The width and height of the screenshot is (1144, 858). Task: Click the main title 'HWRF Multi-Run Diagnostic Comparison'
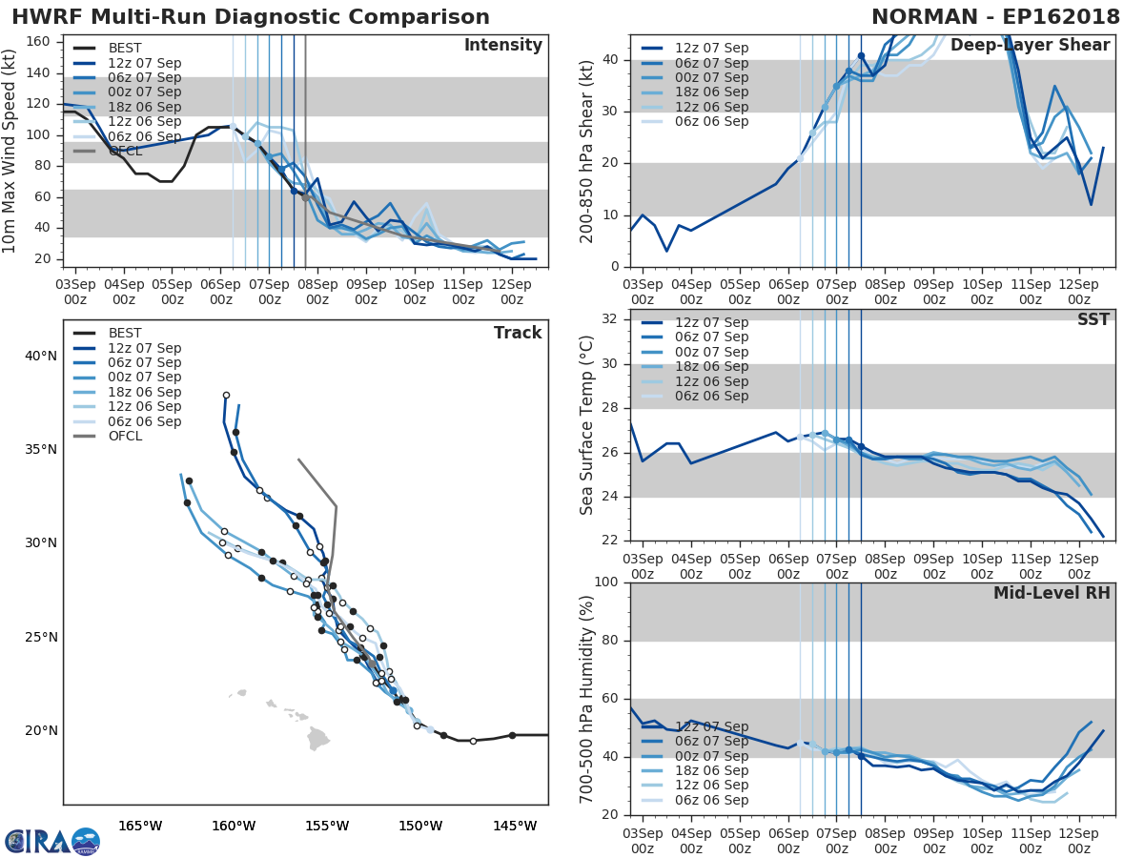coord(251,17)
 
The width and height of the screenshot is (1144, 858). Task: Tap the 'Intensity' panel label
coord(502,46)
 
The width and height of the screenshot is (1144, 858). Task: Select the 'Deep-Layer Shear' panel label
coord(1030,46)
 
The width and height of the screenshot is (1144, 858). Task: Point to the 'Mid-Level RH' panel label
coord(1052,593)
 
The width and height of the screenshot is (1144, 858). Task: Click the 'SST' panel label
coord(1093,319)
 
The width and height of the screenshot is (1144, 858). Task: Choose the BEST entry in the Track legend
coord(125,333)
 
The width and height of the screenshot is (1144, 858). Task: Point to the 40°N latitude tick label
coord(40,356)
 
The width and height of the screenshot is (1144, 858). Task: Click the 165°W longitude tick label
coord(140,826)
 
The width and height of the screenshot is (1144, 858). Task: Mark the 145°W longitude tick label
coord(515,826)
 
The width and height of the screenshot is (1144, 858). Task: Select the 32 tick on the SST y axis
coord(610,318)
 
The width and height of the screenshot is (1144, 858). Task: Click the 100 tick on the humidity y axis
coord(605,582)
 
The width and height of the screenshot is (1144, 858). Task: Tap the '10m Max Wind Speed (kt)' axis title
coord(10,153)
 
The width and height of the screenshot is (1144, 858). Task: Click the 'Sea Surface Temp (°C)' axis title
coord(587,424)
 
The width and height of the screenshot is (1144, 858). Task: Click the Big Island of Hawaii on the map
coord(317,739)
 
